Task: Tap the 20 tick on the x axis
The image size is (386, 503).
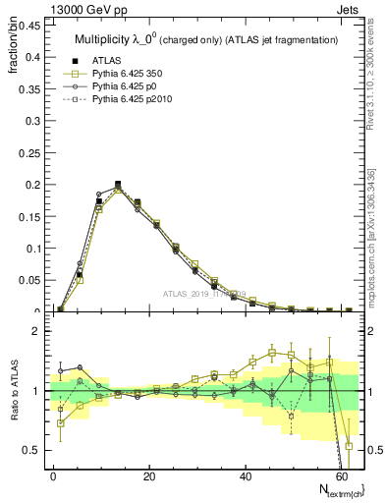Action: point(148,476)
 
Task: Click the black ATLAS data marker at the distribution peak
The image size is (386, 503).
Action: point(118,185)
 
